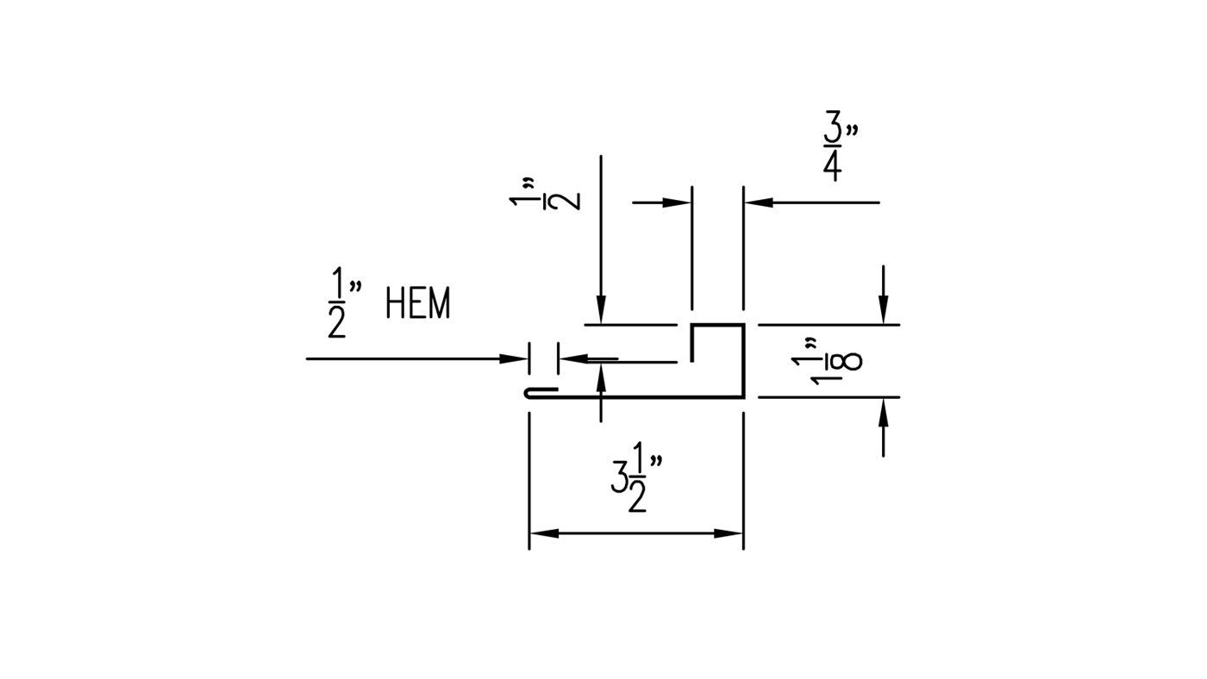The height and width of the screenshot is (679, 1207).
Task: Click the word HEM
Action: tap(418, 304)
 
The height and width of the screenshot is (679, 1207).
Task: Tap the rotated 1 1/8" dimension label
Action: tap(826, 359)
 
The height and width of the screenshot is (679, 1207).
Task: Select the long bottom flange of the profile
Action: tap(647, 397)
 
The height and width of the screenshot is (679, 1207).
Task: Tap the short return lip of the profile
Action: tap(692, 343)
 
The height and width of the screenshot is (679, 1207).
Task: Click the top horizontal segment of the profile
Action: tap(717, 326)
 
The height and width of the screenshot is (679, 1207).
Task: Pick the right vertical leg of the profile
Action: tap(742, 362)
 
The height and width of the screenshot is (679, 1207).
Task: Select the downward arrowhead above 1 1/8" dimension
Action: tap(883, 310)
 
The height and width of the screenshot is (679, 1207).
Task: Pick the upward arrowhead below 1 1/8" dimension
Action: tap(883, 413)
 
